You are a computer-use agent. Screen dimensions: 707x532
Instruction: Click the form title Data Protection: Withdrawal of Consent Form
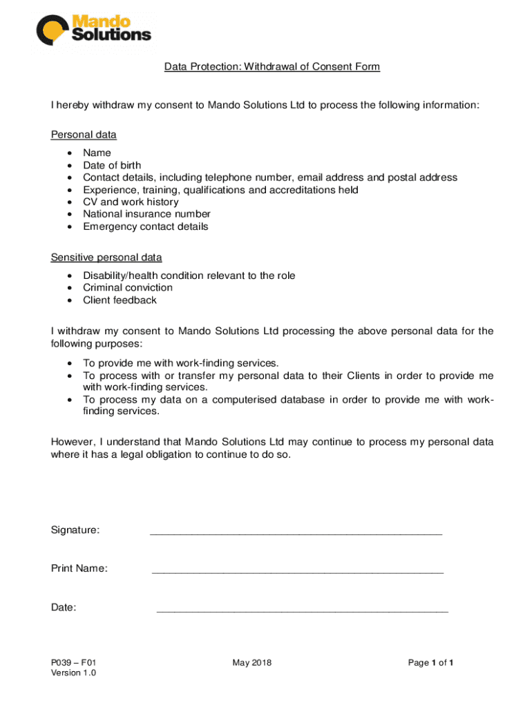coord(272,67)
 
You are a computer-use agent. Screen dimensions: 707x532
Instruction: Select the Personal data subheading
coord(84,135)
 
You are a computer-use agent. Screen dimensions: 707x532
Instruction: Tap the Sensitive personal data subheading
coord(106,258)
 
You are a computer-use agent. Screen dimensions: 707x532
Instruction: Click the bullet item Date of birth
coord(112,165)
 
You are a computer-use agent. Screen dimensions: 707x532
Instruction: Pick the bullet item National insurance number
coord(146,214)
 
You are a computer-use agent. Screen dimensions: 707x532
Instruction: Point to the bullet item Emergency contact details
coord(145,226)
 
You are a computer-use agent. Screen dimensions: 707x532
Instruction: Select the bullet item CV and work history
coord(131,202)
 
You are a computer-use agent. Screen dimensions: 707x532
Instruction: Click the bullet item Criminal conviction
coord(128,287)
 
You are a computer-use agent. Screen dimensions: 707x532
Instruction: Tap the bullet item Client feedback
coord(120,300)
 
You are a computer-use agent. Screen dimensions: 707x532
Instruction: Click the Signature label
coord(75,530)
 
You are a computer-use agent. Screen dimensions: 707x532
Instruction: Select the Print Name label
coord(79,568)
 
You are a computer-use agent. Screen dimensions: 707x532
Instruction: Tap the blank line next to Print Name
coord(297,572)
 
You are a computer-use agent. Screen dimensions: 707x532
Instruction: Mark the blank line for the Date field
coord(303,610)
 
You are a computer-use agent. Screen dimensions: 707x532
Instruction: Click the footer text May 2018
coord(252,663)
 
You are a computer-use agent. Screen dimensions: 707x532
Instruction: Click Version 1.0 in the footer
coord(74,673)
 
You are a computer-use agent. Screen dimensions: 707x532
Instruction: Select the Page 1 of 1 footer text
coord(430,663)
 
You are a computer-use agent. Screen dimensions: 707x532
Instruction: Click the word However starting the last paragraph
coord(73,442)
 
